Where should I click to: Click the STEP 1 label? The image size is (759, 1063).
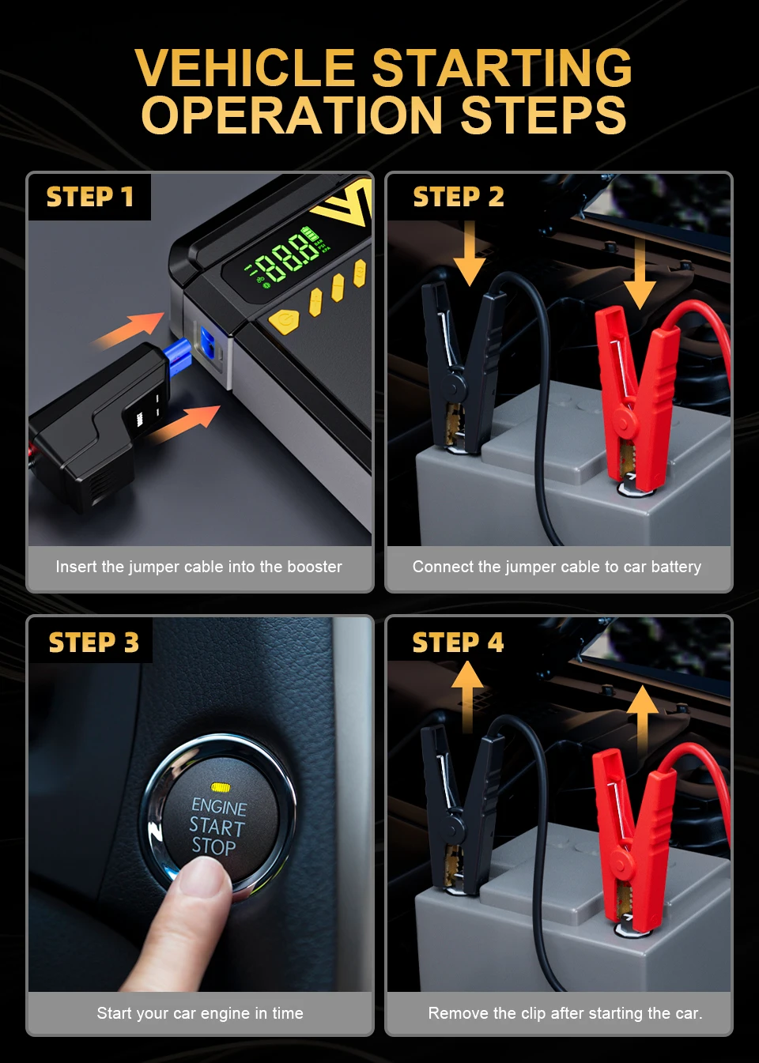pyautogui.click(x=89, y=197)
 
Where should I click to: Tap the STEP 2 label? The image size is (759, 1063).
pyautogui.click(x=459, y=197)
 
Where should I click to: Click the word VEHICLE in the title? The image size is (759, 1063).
pyautogui.click(x=245, y=67)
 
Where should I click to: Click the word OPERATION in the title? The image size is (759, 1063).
pyautogui.click(x=292, y=115)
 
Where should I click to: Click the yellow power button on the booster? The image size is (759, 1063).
pyautogui.click(x=284, y=322)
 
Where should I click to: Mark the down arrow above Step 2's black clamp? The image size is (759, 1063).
pyautogui.click(x=470, y=253)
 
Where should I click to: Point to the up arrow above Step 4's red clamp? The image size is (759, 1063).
pyautogui.click(x=642, y=720)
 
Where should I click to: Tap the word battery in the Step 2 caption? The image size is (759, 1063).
pyautogui.click(x=676, y=567)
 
